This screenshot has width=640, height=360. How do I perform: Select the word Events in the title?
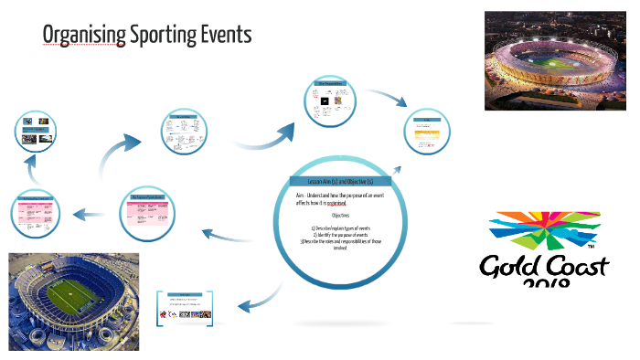click(227, 36)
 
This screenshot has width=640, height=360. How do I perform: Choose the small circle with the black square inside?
click(330, 103)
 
